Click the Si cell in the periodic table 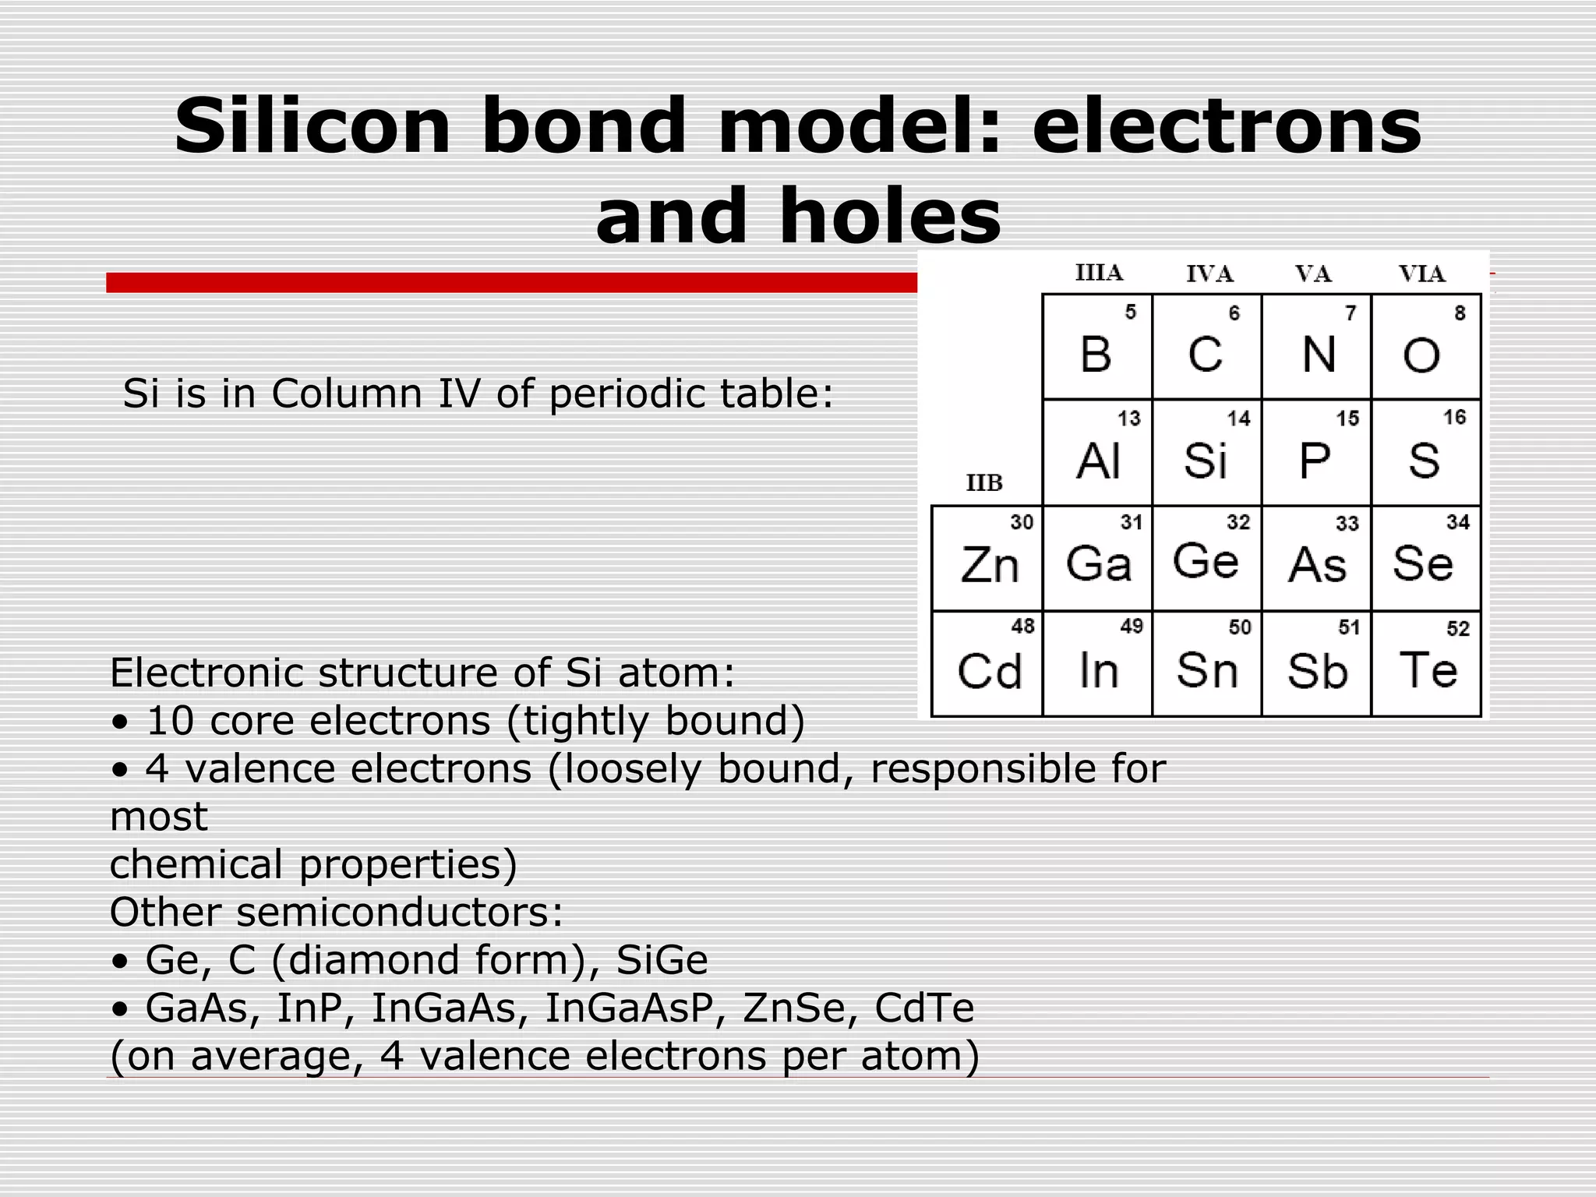[x=1206, y=454]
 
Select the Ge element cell [x=1206, y=559]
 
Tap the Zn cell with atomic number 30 [x=987, y=559]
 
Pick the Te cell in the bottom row [x=1426, y=665]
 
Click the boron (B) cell [x=1096, y=348]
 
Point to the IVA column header [x=1209, y=274]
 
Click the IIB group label [x=984, y=483]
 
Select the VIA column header [x=1421, y=274]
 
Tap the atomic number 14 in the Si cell [x=1238, y=418]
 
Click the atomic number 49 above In [x=1131, y=626]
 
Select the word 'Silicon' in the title [x=312, y=126]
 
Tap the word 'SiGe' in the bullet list [x=662, y=959]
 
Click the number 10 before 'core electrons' [x=169, y=720]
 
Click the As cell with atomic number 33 [x=1316, y=559]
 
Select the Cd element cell [x=987, y=665]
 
